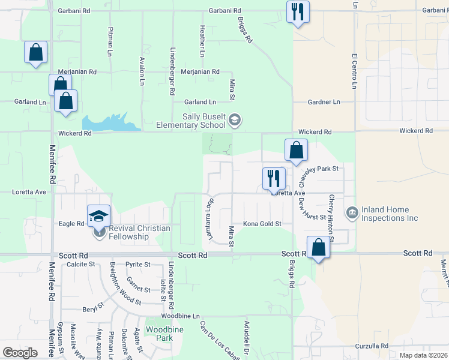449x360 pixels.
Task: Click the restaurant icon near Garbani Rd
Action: point(298,11)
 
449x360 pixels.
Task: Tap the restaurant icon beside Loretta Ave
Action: point(274,178)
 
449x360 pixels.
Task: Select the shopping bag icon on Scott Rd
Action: point(318,247)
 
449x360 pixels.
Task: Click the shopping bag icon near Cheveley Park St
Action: point(296,150)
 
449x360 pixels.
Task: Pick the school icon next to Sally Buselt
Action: point(235,121)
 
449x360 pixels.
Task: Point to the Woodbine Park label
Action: point(160,334)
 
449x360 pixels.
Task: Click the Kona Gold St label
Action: point(262,224)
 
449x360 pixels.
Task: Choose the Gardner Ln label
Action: point(324,102)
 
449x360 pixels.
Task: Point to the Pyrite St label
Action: point(138,264)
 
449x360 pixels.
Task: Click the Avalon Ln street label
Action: point(142,70)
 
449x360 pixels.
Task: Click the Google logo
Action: point(20,352)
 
